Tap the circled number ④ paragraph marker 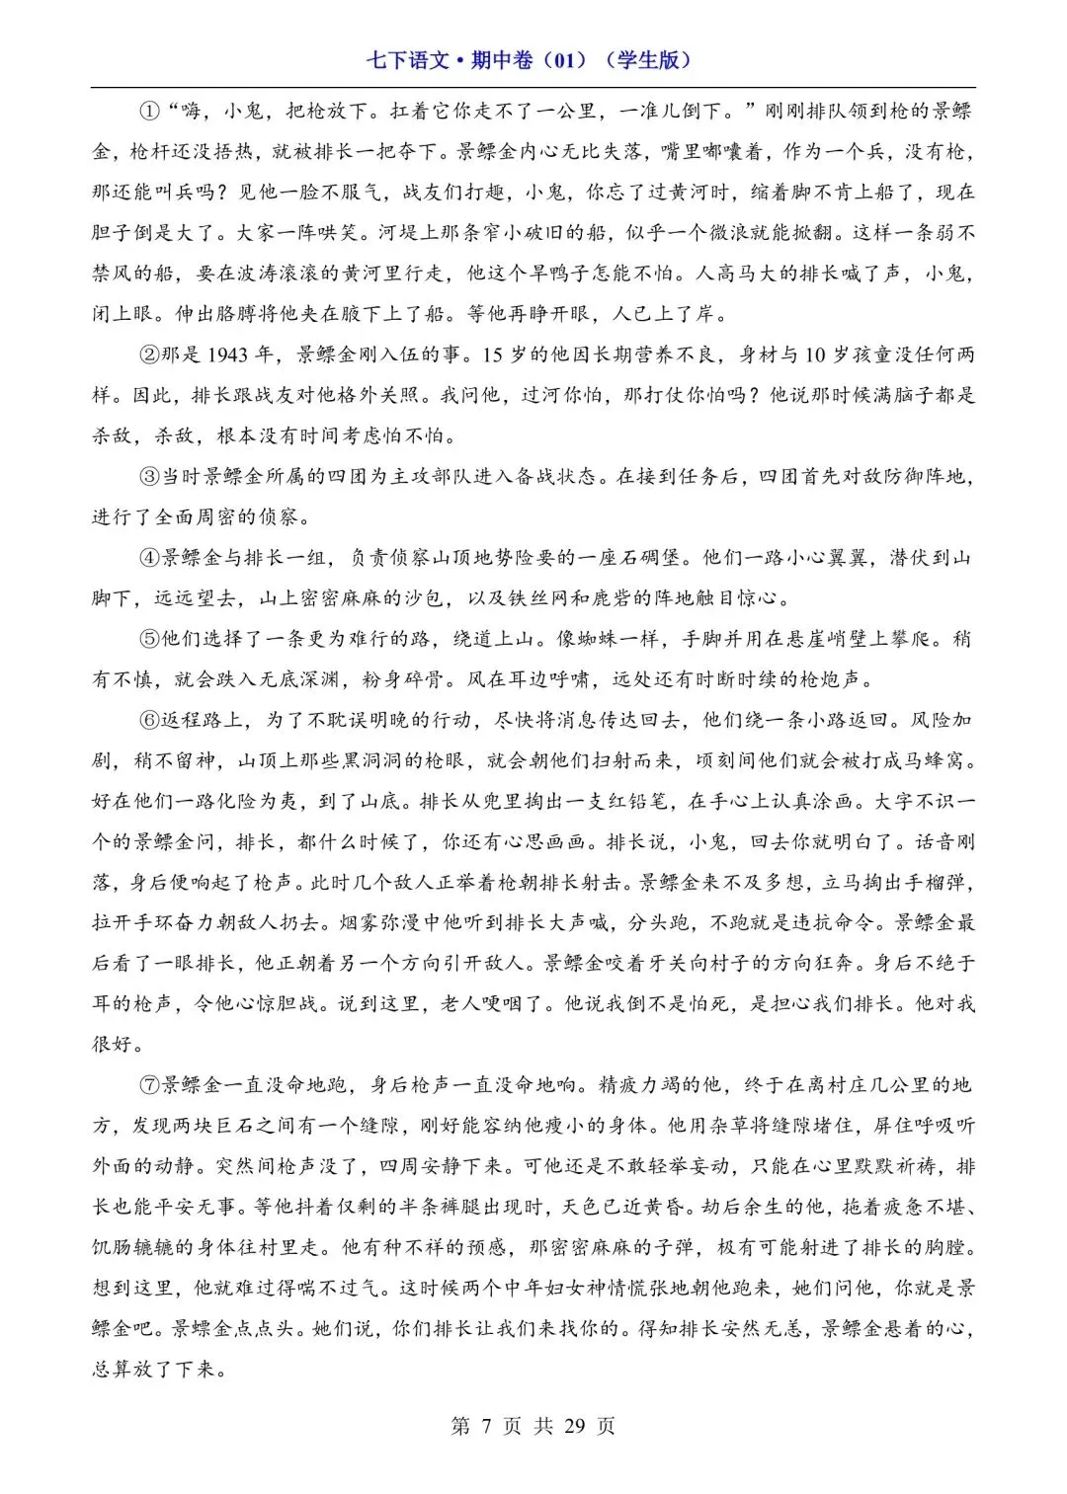(x=148, y=558)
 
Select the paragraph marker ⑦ (x=148, y=1085)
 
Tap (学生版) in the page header (x=649, y=60)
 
